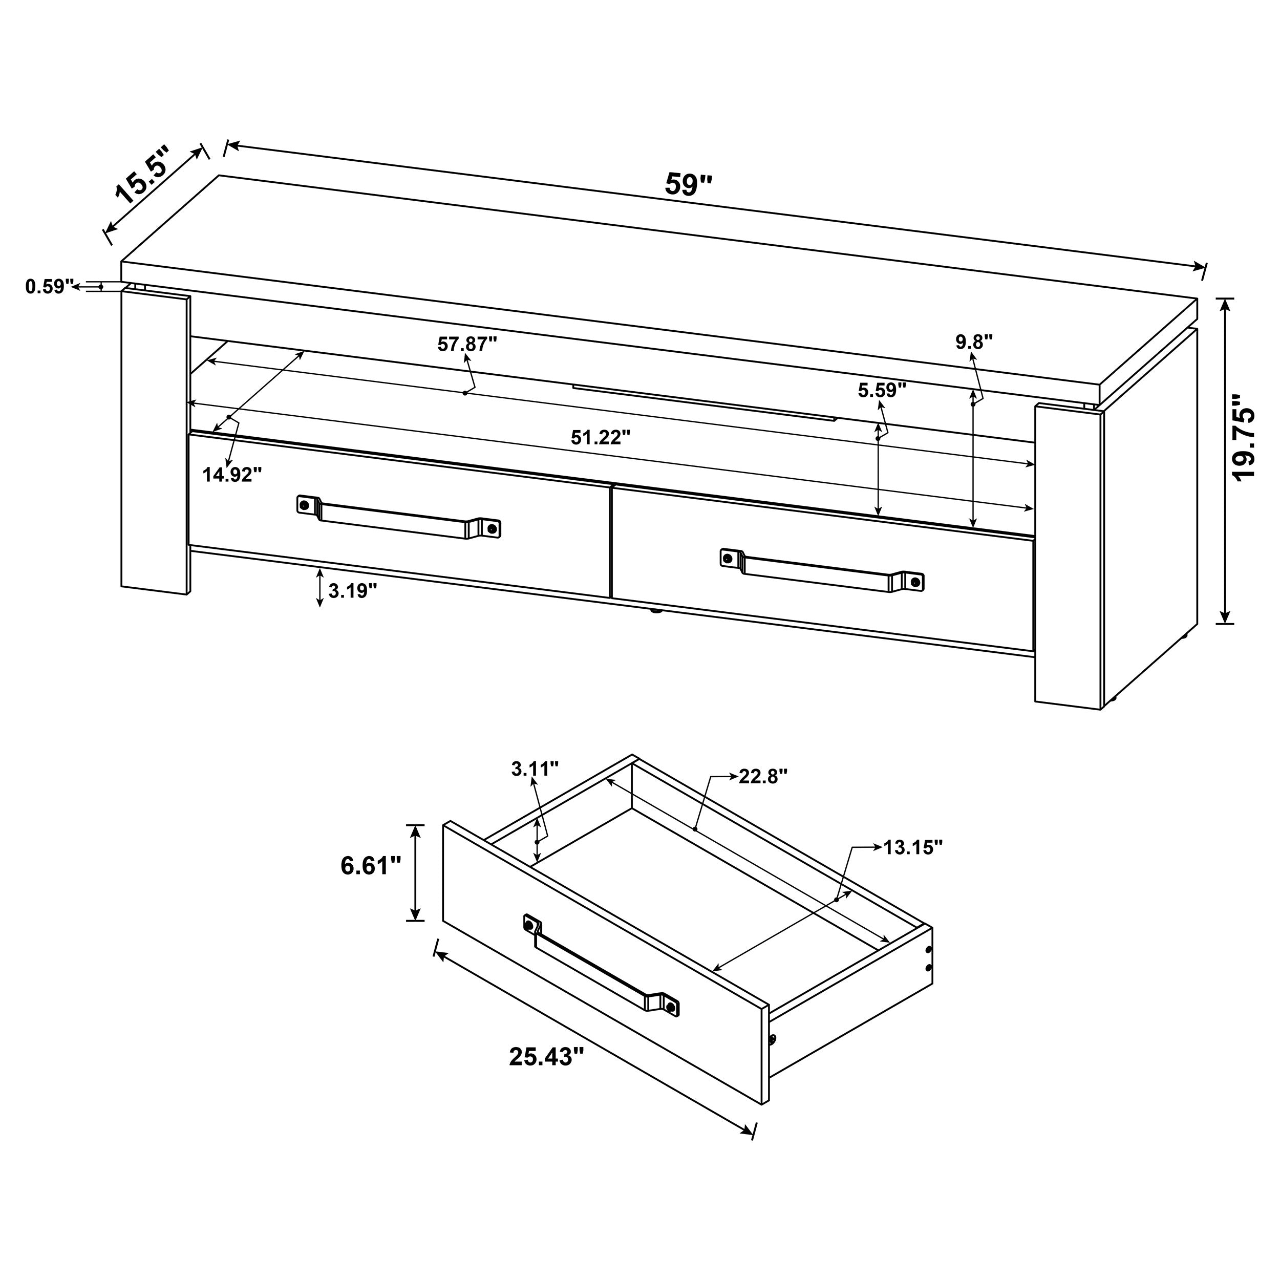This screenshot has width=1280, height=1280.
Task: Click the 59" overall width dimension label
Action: (x=689, y=185)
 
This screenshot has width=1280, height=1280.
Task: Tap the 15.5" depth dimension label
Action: (x=141, y=174)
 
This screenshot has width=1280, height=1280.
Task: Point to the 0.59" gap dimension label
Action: (x=48, y=287)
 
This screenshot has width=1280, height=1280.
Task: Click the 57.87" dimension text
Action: (x=467, y=344)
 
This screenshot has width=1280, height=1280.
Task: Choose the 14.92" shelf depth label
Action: (x=232, y=475)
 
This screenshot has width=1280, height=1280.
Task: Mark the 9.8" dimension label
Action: (x=974, y=342)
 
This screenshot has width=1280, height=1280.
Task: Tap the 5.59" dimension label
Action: (x=882, y=390)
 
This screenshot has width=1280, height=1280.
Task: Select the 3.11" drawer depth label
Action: (x=535, y=769)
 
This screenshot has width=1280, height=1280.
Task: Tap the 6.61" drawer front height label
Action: (x=371, y=865)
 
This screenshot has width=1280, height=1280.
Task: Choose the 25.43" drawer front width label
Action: (x=547, y=1057)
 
